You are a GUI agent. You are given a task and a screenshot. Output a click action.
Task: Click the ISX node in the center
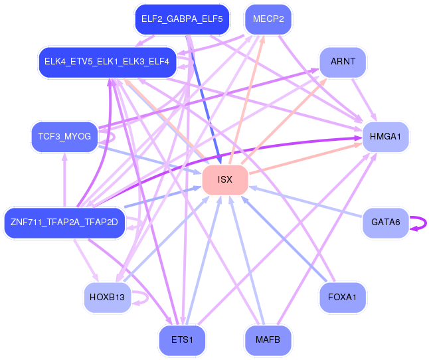click(225, 180)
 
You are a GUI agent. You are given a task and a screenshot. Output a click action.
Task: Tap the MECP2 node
click(268, 19)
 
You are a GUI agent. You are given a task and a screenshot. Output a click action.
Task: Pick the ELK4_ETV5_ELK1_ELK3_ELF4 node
click(107, 62)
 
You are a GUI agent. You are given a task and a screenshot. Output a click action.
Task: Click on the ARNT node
click(343, 62)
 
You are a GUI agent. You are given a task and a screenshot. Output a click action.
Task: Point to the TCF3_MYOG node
click(64, 137)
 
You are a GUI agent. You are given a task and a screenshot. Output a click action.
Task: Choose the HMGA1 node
click(385, 137)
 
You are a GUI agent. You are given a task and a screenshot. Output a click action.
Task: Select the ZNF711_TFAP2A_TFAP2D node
click(64, 223)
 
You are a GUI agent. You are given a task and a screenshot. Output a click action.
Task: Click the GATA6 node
click(385, 223)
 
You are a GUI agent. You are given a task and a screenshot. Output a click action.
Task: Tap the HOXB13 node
click(107, 298)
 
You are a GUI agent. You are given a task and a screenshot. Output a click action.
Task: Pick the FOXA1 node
click(343, 298)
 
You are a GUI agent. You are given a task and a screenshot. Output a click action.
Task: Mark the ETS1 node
click(182, 339)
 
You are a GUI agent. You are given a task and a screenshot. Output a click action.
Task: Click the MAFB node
click(268, 339)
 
